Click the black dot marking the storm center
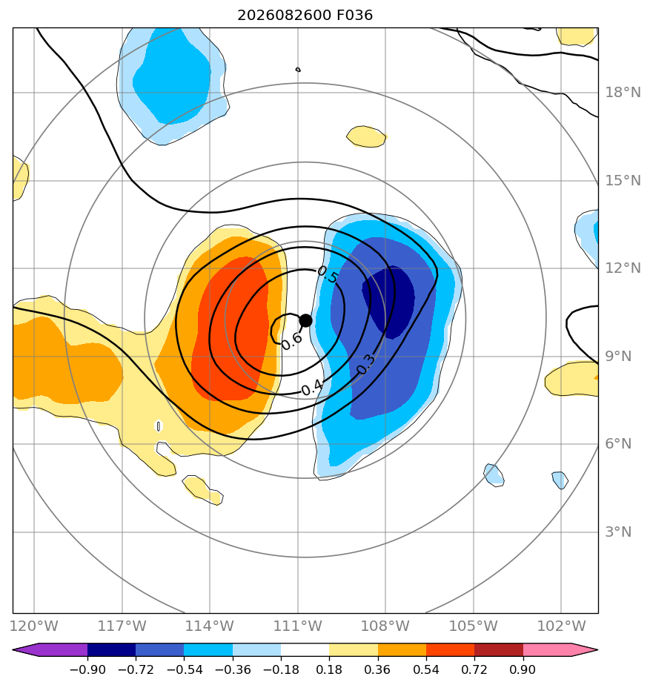click(x=306, y=321)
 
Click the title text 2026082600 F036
click(x=305, y=16)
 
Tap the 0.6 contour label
click(x=291, y=341)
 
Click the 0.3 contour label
click(x=365, y=364)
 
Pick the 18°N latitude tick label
click(x=623, y=92)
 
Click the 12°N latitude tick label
click(x=623, y=268)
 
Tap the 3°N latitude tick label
click(x=618, y=532)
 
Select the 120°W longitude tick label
click(x=34, y=626)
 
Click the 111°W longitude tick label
click(x=297, y=626)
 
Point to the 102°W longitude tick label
click(x=561, y=626)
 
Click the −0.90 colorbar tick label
click(x=87, y=669)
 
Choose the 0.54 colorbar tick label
click(x=426, y=669)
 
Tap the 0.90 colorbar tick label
click(x=523, y=669)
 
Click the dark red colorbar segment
click(x=499, y=649)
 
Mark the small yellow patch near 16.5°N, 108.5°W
click(x=366, y=136)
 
